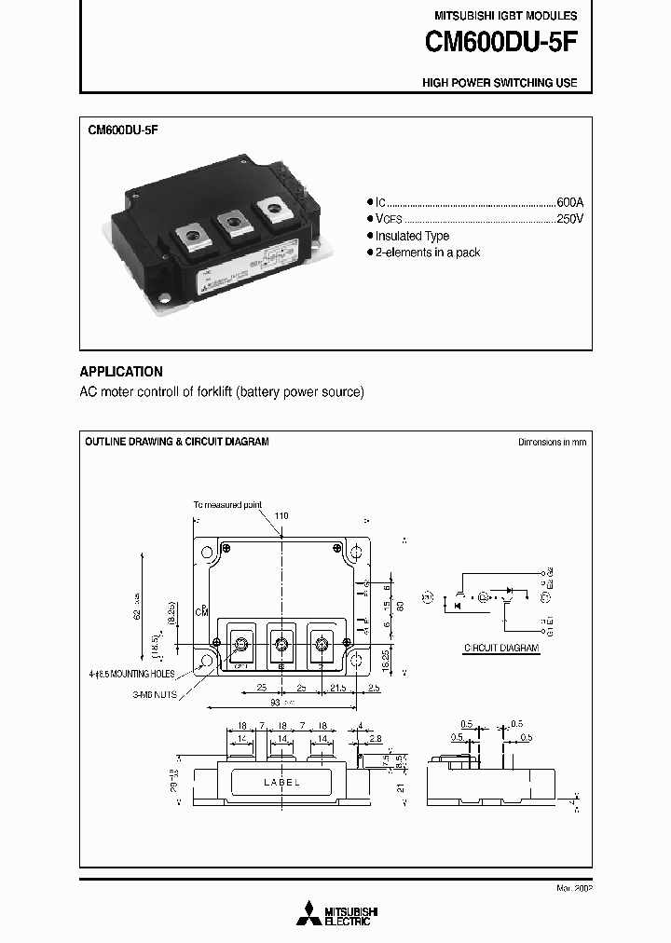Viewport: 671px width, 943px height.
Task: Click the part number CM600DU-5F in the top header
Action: click(x=500, y=43)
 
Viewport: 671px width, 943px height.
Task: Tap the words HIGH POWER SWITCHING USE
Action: click(x=500, y=83)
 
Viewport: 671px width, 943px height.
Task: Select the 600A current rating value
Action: click(x=569, y=202)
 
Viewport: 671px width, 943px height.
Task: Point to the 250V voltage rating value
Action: click(x=569, y=219)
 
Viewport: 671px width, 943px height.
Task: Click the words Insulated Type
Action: click(x=412, y=237)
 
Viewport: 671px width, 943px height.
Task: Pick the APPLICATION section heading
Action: click(x=121, y=371)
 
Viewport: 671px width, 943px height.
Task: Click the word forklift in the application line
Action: click(x=211, y=392)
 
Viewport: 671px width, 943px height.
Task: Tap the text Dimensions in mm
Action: click(x=553, y=442)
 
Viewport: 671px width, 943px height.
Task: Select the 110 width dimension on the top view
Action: click(x=281, y=516)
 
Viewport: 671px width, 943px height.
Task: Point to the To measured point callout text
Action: click(x=227, y=504)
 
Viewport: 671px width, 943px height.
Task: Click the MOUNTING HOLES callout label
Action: click(x=163, y=672)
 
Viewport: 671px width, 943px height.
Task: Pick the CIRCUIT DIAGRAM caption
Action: click(x=501, y=646)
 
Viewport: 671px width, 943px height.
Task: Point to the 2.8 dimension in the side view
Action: click(x=375, y=738)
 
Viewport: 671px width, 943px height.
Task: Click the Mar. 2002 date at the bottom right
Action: click(x=573, y=888)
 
